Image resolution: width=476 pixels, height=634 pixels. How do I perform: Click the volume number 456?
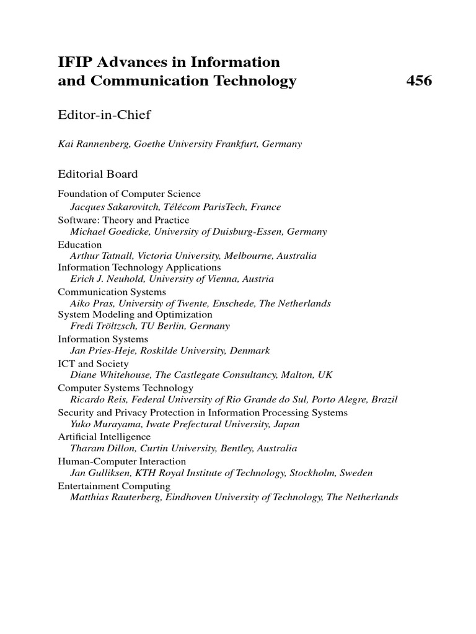(x=419, y=80)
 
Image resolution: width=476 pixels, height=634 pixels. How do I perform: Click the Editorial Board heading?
(x=98, y=174)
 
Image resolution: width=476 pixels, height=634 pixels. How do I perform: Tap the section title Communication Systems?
(x=112, y=292)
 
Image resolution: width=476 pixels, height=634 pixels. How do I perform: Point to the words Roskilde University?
(x=187, y=350)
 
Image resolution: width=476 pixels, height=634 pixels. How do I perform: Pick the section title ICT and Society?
(x=94, y=363)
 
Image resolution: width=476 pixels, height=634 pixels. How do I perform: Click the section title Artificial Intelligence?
(x=104, y=436)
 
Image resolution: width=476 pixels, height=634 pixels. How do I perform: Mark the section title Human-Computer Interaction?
(x=122, y=461)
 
